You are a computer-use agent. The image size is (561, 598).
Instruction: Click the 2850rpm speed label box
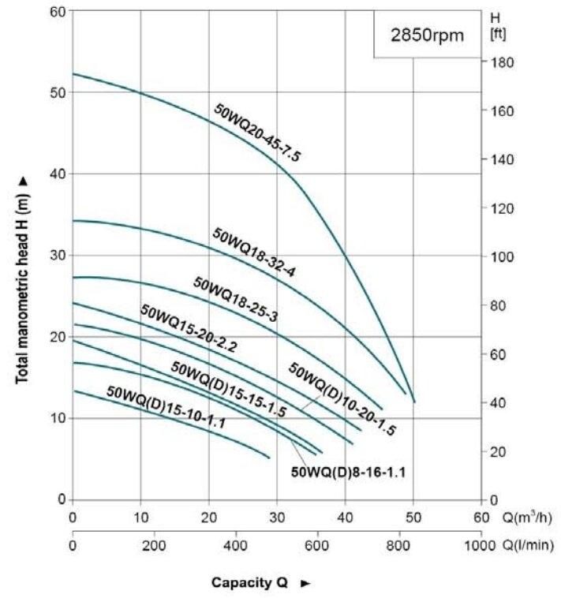(x=428, y=35)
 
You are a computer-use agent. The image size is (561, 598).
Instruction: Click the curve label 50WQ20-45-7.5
(x=257, y=132)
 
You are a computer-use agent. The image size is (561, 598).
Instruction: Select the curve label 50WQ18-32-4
(x=253, y=252)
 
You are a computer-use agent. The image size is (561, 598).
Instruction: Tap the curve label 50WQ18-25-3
(x=235, y=299)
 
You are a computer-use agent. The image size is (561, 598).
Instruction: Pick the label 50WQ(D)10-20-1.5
(x=342, y=399)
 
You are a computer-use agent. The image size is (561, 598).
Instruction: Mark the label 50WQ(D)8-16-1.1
(x=353, y=473)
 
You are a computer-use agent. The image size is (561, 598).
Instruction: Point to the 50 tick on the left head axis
(x=56, y=92)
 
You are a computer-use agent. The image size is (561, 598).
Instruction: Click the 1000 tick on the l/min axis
(x=478, y=545)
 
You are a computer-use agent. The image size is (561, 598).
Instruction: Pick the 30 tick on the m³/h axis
(x=277, y=518)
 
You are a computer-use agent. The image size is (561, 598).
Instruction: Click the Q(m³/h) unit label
(x=528, y=518)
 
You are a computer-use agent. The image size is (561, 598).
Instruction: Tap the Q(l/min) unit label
(x=529, y=545)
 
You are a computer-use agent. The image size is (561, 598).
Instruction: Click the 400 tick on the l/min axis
(x=235, y=545)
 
